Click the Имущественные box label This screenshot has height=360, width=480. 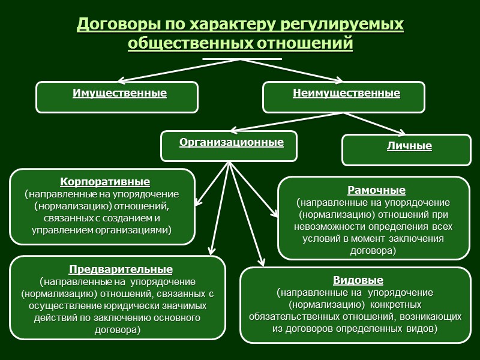pyautogui.click(x=119, y=94)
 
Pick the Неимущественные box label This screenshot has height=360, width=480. pyautogui.click(x=346, y=94)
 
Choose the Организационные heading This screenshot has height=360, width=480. pyautogui.click(x=231, y=143)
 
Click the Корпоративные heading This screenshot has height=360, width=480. pyautogui.click(x=106, y=181)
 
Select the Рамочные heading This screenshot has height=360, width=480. pyautogui.click(x=377, y=191)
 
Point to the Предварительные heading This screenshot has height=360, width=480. pyautogui.click(x=121, y=269)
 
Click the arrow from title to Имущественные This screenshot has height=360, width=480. pyautogui.click(x=180, y=70)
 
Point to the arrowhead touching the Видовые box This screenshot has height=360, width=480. pyautogui.click(x=262, y=261)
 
